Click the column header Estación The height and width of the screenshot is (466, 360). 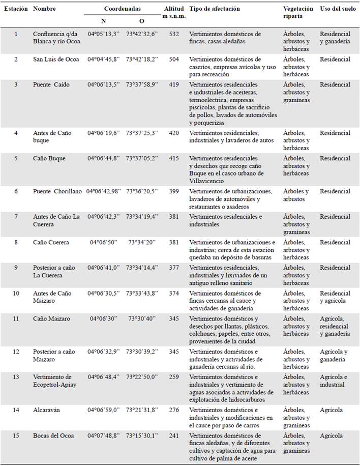15,9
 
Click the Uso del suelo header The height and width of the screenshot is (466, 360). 338,9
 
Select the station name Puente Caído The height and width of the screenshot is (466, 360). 51,84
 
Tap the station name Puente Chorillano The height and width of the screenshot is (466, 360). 57,191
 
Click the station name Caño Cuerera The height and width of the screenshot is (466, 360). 51,242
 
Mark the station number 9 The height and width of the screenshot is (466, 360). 16,268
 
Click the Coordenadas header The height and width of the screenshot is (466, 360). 123,9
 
